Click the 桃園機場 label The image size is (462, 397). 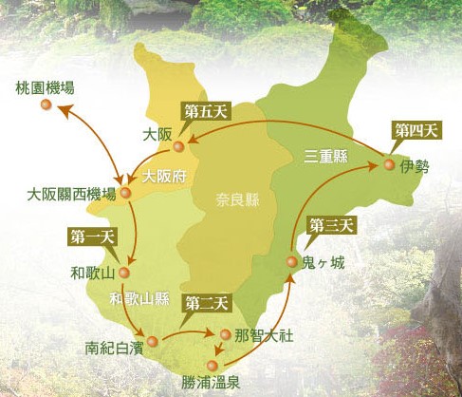46,87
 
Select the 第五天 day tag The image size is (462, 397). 205,111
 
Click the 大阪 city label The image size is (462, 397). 157,135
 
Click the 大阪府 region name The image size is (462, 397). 163,176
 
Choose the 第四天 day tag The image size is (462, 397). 414,129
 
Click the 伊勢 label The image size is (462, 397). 415,166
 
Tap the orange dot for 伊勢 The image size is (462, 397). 389,165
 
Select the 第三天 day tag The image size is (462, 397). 331,225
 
